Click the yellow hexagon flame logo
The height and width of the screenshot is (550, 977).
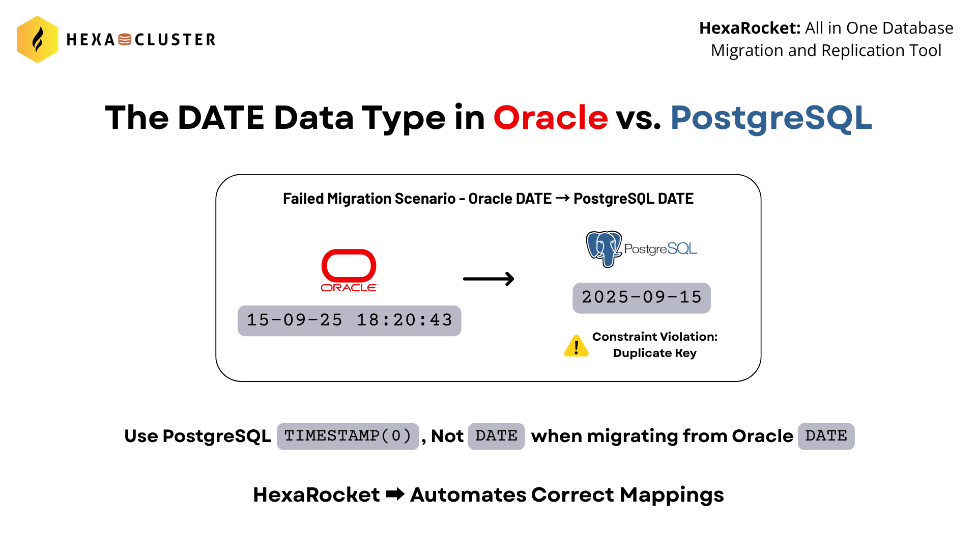(x=37, y=39)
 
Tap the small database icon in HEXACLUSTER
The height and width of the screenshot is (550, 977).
(x=125, y=40)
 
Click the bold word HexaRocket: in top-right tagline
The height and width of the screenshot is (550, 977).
(x=750, y=28)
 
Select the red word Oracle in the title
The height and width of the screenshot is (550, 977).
(x=551, y=118)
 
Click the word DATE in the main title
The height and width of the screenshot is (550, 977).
(x=221, y=118)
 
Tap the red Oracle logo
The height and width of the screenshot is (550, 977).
(x=349, y=270)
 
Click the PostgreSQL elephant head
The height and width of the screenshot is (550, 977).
(x=604, y=249)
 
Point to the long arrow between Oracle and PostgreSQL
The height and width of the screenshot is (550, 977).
(x=489, y=279)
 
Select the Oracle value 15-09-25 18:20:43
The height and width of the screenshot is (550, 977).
(x=349, y=320)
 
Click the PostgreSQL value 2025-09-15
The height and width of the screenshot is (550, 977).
(x=641, y=298)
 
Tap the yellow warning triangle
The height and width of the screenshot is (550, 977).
(x=577, y=346)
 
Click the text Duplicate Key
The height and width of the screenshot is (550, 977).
(x=654, y=353)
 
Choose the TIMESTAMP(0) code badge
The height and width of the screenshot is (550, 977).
(x=348, y=436)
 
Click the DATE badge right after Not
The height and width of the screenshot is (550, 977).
(x=496, y=436)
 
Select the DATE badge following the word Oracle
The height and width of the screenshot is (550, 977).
(x=826, y=436)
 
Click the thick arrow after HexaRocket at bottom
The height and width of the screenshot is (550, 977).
(x=395, y=494)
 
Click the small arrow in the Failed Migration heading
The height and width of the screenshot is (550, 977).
(x=562, y=198)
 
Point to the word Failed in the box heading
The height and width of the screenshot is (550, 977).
(x=303, y=199)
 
